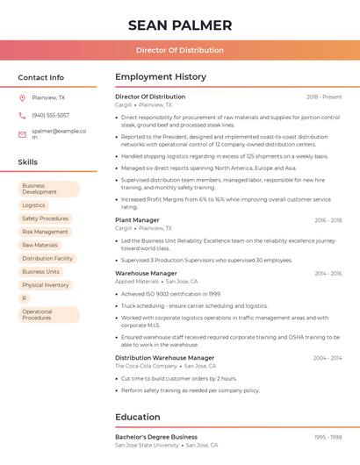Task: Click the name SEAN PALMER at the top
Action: pyautogui.click(x=180, y=25)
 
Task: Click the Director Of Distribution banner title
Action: pyautogui.click(x=180, y=50)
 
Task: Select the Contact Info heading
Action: pyautogui.click(x=40, y=77)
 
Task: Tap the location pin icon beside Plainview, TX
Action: pyautogui.click(x=22, y=97)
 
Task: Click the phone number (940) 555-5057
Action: pyautogui.click(x=50, y=115)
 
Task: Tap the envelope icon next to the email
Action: pyautogui.click(x=22, y=134)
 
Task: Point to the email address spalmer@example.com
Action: pyautogui.click(x=58, y=133)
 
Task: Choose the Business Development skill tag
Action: pyautogui.click(x=48, y=189)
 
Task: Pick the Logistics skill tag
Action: pyautogui.click(x=33, y=205)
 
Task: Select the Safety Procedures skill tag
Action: pyautogui.click(x=45, y=218)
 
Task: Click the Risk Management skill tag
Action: pyautogui.click(x=45, y=232)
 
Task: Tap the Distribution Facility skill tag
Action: pyautogui.click(x=47, y=259)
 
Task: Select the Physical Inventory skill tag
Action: pyautogui.click(x=45, y=285)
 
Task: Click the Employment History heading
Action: pyautogui.click(x=161, y=77)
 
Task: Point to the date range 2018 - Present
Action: pyautogui.click(x=324, y=97)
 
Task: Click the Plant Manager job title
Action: pyautogui.click(x=137, y=220)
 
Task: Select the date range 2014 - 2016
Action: pyautogui.click(x=328, y=274)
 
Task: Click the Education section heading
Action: pyautogui.click(x=138, y=417)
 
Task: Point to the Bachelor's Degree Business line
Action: pyautogui.click(x=156, y=437)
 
